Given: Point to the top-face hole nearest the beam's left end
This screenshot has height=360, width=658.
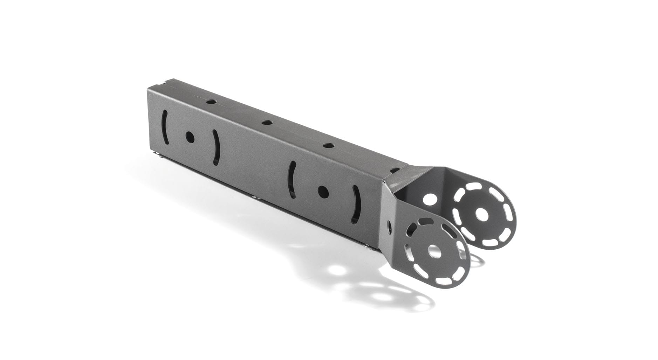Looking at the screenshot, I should coord(211,102).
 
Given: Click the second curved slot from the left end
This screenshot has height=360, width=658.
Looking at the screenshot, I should coord(216,146).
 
